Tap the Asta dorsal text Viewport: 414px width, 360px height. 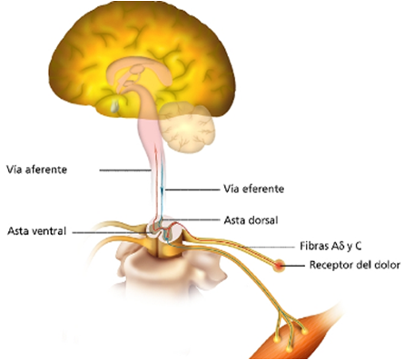248,219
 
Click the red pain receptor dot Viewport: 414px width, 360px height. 289,266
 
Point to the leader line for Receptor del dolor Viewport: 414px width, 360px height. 301,266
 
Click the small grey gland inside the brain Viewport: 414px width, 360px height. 113,105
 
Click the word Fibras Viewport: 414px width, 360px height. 314,245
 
